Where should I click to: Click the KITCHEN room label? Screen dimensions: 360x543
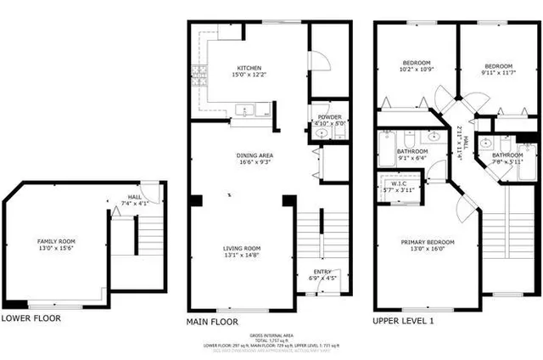tap(249, 68)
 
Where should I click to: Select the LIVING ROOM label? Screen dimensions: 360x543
tap(242, 248)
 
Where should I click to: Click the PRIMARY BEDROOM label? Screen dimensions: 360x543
tap(428, 242)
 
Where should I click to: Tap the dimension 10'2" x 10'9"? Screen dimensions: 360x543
tap(417, 70)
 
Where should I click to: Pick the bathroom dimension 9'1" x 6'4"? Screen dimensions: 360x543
tap(411, 155)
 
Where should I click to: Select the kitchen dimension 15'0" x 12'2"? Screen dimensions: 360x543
tap(249, 75)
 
